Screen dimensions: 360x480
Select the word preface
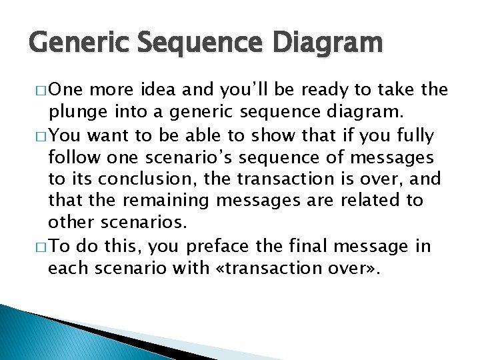219,246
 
